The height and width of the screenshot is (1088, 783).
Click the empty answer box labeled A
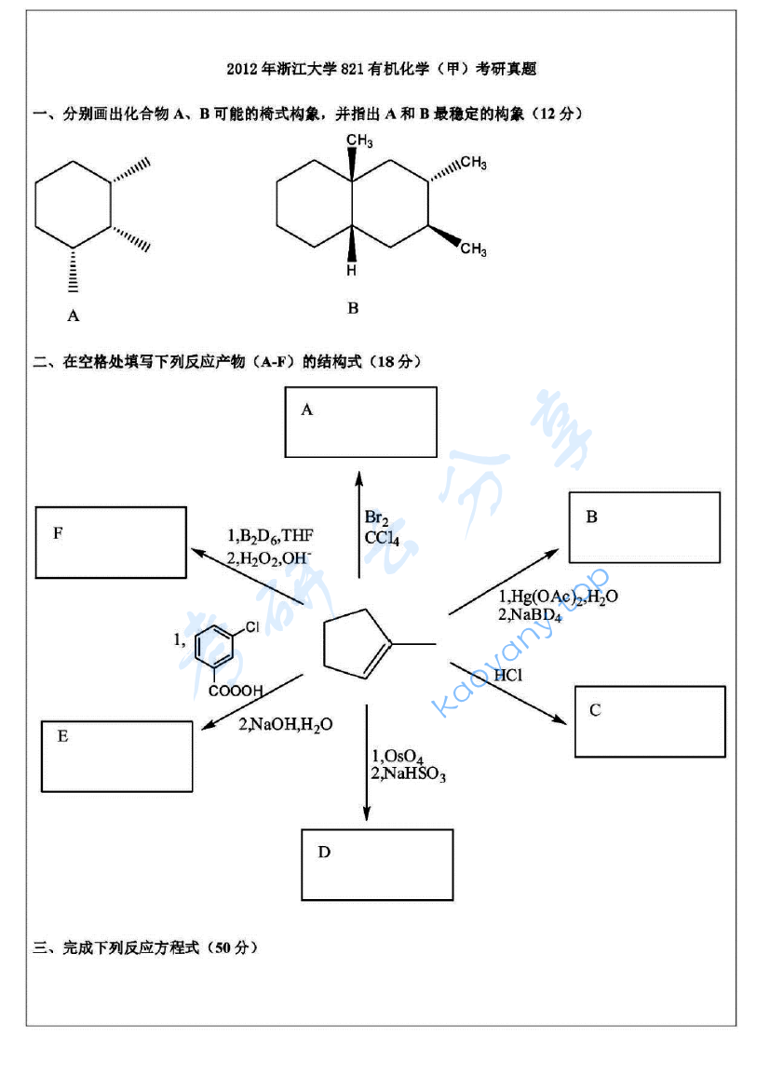[361, 422]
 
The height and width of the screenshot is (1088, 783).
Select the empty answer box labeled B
[644, 527]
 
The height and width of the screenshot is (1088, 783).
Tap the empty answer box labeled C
[650, 721]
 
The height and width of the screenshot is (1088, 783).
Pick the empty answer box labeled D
[377, 865]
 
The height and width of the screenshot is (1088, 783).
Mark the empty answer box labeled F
[111, 543]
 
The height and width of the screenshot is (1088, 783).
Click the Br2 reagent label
[376, 518]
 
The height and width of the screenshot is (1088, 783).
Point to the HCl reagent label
[508, 675]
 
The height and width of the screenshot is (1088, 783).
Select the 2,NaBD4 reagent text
[531, 614]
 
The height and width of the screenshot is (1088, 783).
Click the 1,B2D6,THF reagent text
[270, 536]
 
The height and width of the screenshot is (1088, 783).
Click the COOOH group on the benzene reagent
[236, 692]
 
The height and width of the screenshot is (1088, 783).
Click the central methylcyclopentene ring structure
[358, 642]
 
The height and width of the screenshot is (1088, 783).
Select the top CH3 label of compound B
[359, 141]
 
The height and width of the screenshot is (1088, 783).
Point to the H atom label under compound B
[351, 271]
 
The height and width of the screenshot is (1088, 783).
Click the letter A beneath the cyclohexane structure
[74, 316]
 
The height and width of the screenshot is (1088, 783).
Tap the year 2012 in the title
[243, 69]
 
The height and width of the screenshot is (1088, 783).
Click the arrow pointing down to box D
[366, 763]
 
